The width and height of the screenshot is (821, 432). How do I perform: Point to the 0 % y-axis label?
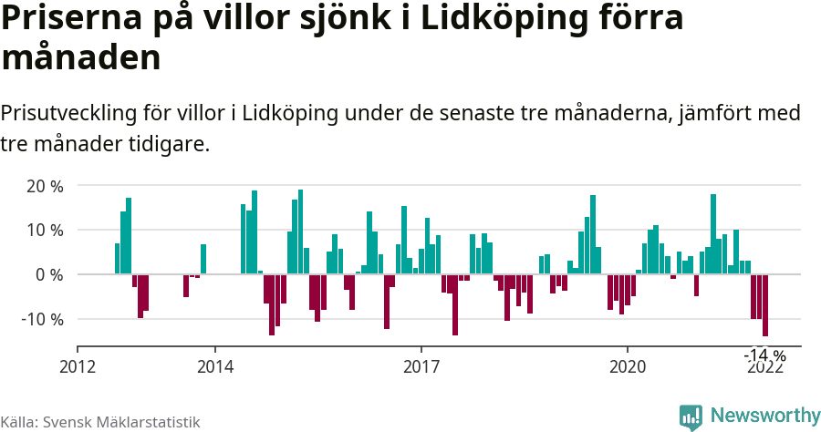[48, 274]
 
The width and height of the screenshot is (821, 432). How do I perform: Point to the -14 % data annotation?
[764, 355]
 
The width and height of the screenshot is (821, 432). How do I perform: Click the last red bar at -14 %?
[765, 305]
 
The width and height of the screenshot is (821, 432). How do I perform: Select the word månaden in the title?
[81, 58]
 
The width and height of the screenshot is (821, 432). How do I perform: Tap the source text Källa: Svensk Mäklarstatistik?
[100, 422]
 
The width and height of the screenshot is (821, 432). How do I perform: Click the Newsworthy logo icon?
[691, 417]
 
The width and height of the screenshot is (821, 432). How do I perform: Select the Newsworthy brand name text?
[765, 416]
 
